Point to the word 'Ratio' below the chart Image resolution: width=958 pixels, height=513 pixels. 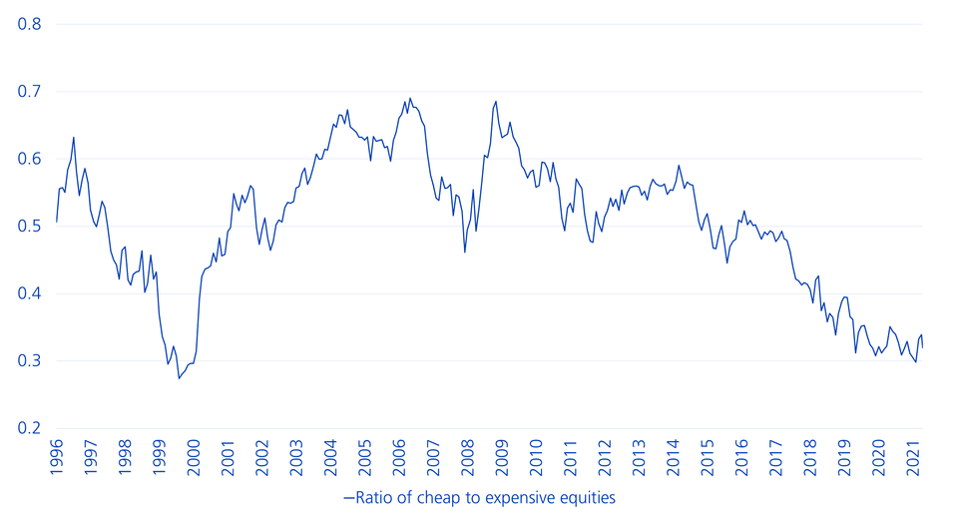(x=368, y=496)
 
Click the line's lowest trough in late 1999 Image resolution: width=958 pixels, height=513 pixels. (x=179, y=378)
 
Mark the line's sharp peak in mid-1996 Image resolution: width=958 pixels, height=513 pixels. (x=74, y=138)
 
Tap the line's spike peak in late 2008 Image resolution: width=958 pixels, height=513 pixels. (x=496, y=102)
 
